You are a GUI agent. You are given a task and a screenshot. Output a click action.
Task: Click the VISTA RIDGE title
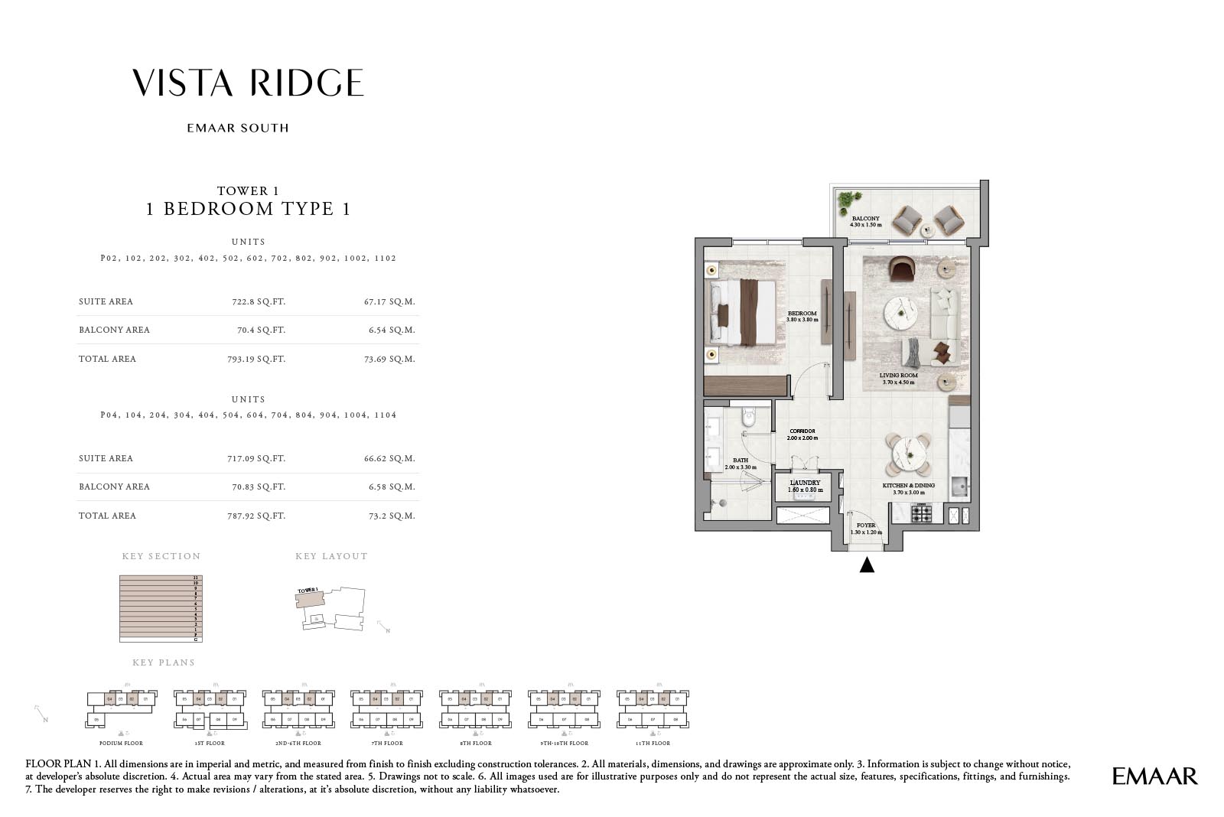click(x=248, y=83)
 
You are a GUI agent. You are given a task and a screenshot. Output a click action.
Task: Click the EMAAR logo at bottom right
click(x=1154, y=776)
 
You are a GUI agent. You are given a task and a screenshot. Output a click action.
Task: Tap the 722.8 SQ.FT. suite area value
click(x=259, y=301)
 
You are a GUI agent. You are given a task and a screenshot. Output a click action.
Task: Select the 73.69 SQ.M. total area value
click(x=389, y=359)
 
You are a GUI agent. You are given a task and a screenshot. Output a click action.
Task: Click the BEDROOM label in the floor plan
click(x=802, y=314)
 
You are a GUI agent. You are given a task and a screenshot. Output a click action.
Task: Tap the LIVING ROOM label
click(x=898, y=376)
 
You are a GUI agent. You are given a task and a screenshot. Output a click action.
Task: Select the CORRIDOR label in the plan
click(x=802, y=431)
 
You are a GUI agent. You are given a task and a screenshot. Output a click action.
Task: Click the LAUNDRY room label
click(x=805, y=483)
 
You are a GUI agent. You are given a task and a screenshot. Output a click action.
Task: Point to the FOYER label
click(x=866, y=526)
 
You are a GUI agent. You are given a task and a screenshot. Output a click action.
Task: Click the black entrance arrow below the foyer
click(x=867, y=565)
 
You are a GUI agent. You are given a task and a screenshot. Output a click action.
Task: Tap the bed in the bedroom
click(x=743, y=311)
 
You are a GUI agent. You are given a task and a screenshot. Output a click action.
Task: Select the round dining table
click(x=908, y=454)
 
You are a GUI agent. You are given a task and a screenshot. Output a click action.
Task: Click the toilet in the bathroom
click(x=748, y=418)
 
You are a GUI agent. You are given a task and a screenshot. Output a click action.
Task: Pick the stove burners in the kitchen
click(x=921, y=513)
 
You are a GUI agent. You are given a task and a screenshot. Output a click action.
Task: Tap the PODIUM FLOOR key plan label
click(x=121, y=743)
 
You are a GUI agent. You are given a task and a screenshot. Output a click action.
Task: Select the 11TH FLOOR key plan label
click(x=652, y=743)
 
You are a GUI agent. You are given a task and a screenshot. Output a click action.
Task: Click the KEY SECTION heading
click(x=161, y=556)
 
